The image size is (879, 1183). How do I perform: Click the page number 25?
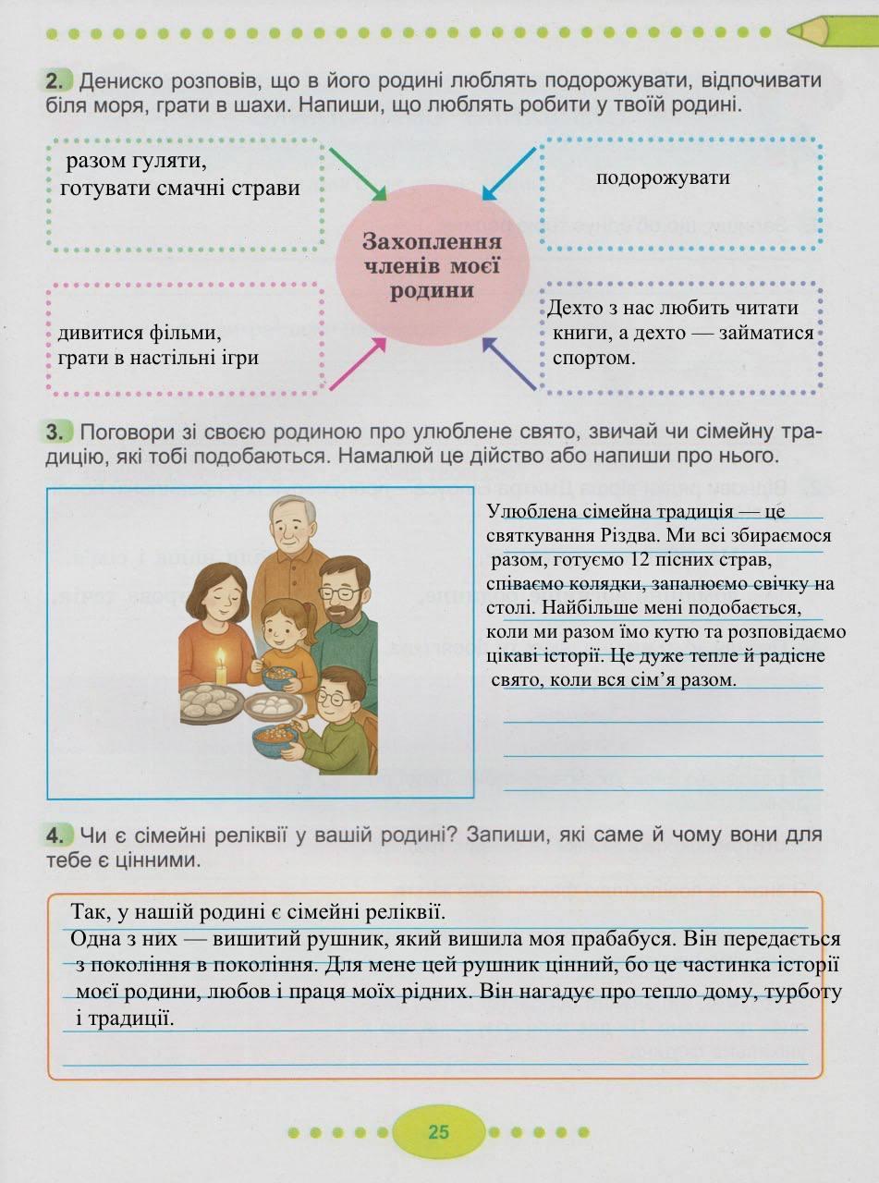[438, 1131]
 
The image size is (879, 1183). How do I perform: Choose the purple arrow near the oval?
[509, 362]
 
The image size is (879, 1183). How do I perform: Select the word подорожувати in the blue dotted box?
[663, 177]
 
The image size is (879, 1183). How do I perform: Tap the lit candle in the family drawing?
[221, 666]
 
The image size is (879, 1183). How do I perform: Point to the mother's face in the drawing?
[220, 594]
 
